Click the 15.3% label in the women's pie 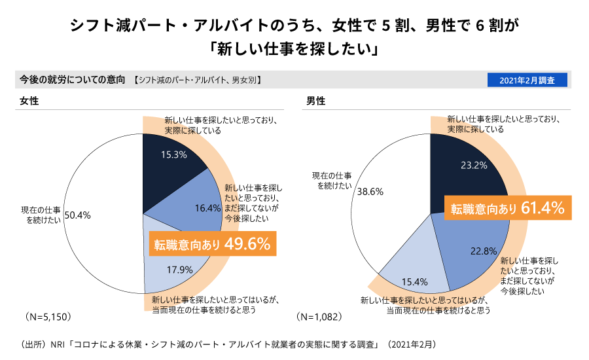[174, 155]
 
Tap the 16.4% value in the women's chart [208, 208]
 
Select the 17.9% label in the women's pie [179, 270]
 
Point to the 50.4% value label [77, 215]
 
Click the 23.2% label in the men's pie [474, 166]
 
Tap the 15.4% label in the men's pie [414, 282]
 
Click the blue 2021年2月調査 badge [527, 80]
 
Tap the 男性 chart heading [316, 101]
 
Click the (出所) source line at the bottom [229, 344]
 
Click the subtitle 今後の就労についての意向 [72, 80]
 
